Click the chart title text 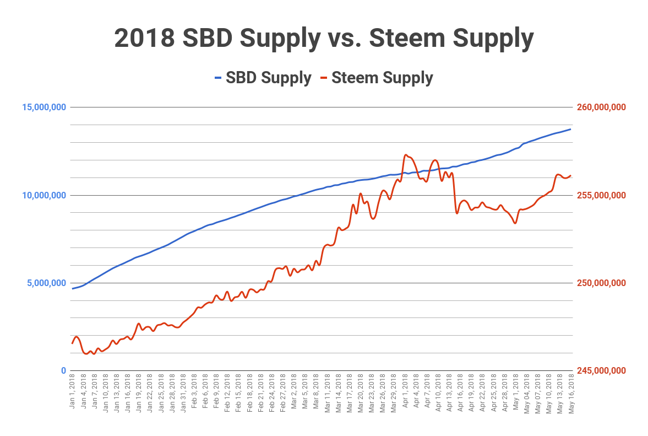click(x=324, y=38)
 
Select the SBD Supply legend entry click(x=263, y=78)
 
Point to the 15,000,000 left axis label click(x=44, y=107)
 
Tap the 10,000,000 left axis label click(x=44, y=195)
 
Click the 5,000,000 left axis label click(x=46, y=283)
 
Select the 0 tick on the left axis click(x=63, y=370)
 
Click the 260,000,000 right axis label click(x=601, y=107)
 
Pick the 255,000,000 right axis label click(x=601, y=195)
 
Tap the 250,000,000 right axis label click(x=601, y=283)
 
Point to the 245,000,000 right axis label click(x=601, y=370)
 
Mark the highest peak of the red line click(x=406, y=155)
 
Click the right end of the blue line click(x=571, y=129)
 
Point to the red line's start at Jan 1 click(x=72, y=343)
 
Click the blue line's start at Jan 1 click(x=72, y=289)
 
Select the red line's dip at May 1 click(x=515, y=223)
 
